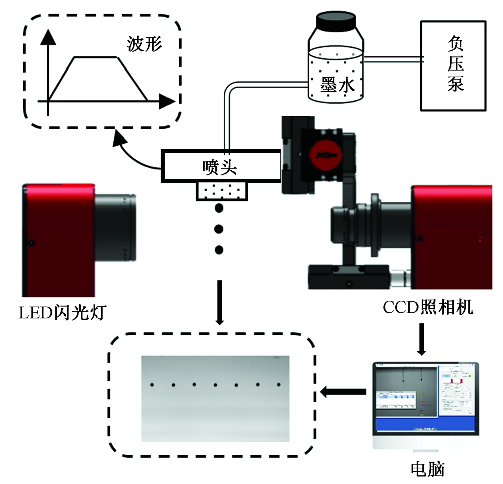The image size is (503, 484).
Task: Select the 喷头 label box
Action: tap(220, 166)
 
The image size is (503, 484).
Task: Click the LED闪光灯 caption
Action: tap(62, 314)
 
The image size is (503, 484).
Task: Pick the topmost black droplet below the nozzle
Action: tap(219, 208)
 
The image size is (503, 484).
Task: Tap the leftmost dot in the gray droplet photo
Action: tap(152, 385)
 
